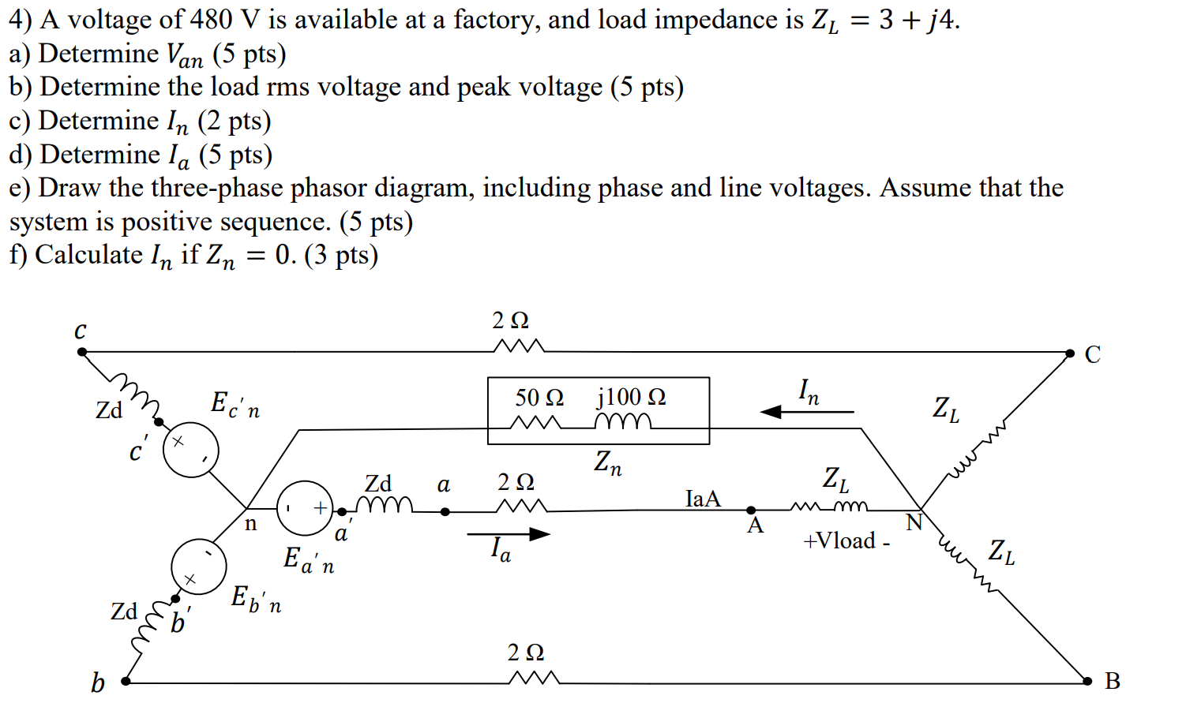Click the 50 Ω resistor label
coord(539,397)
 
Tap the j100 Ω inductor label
coord(631,397)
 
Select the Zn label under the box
coord(608,463)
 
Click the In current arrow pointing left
coord(806,411)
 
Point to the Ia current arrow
coord(509,534)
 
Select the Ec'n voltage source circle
coord(190,449)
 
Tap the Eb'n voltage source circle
coord(199,567)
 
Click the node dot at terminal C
coord(1070,353)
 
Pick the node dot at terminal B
coord(1087,681)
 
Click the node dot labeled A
coord(751,510)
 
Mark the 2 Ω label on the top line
coord(510,320)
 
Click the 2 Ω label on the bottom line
coord(526,653)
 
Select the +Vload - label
coord(846,541)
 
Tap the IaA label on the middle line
coord(703,499)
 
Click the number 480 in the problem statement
coord(209,19)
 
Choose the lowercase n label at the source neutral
coord(250,524)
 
